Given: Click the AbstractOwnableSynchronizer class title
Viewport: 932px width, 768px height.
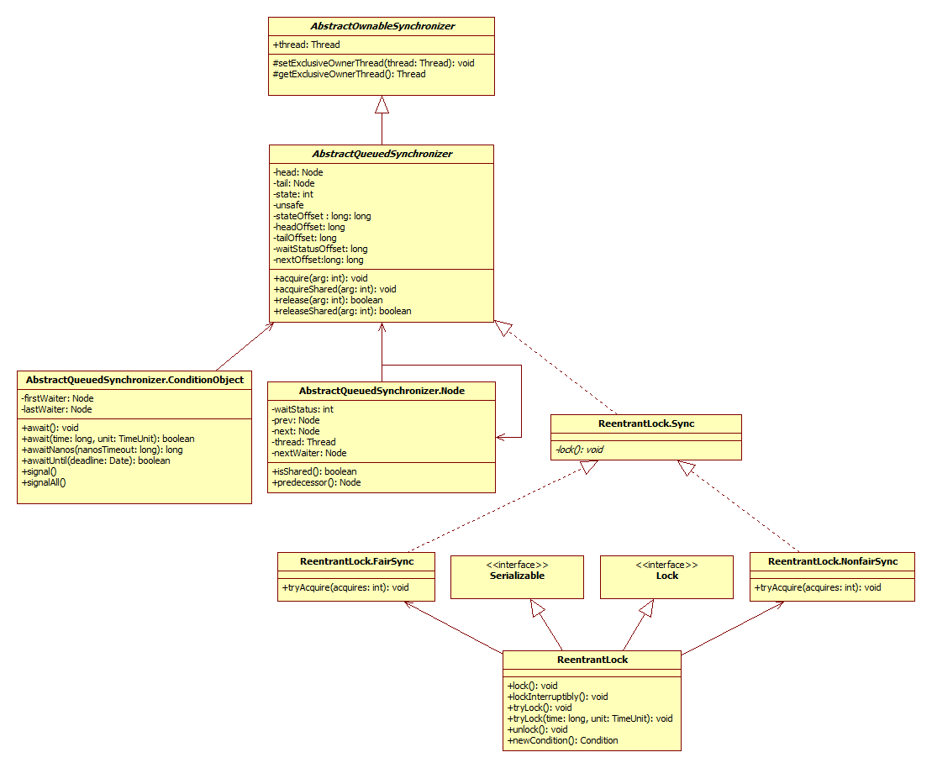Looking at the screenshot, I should [x=382, y=26].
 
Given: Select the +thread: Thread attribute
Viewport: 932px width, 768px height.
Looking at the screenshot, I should [x=307, y=45].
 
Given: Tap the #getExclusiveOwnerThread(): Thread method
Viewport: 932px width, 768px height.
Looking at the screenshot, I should [x=349, y=74].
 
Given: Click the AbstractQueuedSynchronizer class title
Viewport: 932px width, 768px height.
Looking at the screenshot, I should [x=382, y=154].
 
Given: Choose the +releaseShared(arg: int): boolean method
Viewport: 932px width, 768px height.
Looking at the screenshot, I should [x=342, y=311].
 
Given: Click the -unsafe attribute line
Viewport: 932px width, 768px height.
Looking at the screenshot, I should [x=288, y=205].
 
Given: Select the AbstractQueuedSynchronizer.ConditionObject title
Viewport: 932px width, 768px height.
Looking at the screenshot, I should [x=134, y=380].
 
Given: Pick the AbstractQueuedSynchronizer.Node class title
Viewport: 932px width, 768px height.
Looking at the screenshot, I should [x=382, y=391].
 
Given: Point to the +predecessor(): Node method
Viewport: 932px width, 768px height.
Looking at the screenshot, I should [x=316, y=482].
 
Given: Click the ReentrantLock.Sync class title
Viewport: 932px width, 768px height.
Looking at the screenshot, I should [x=645, y=423].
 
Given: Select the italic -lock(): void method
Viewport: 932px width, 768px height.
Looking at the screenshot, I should [x=578, y=450].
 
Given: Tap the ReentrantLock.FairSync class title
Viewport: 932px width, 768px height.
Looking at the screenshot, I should [x=356, y=560].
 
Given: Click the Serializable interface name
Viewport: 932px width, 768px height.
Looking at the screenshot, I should [x=517, y=576].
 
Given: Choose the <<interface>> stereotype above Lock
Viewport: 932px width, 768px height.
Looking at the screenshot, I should [x=666, y=565].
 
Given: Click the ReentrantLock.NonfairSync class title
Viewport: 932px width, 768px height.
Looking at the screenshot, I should [x=832, y=560].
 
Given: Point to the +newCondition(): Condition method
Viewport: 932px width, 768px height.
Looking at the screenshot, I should [x=562, y=740].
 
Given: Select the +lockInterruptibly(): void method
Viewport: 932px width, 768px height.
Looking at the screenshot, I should [x=557, y=697].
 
